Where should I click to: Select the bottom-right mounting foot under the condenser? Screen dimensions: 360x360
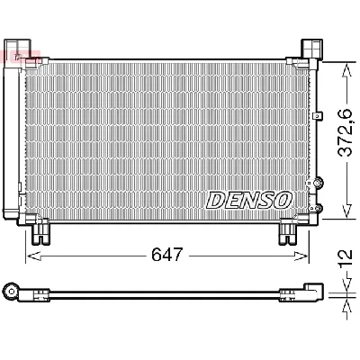[x=289, y=231]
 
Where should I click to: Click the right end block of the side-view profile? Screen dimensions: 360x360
[x=312, y=292]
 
